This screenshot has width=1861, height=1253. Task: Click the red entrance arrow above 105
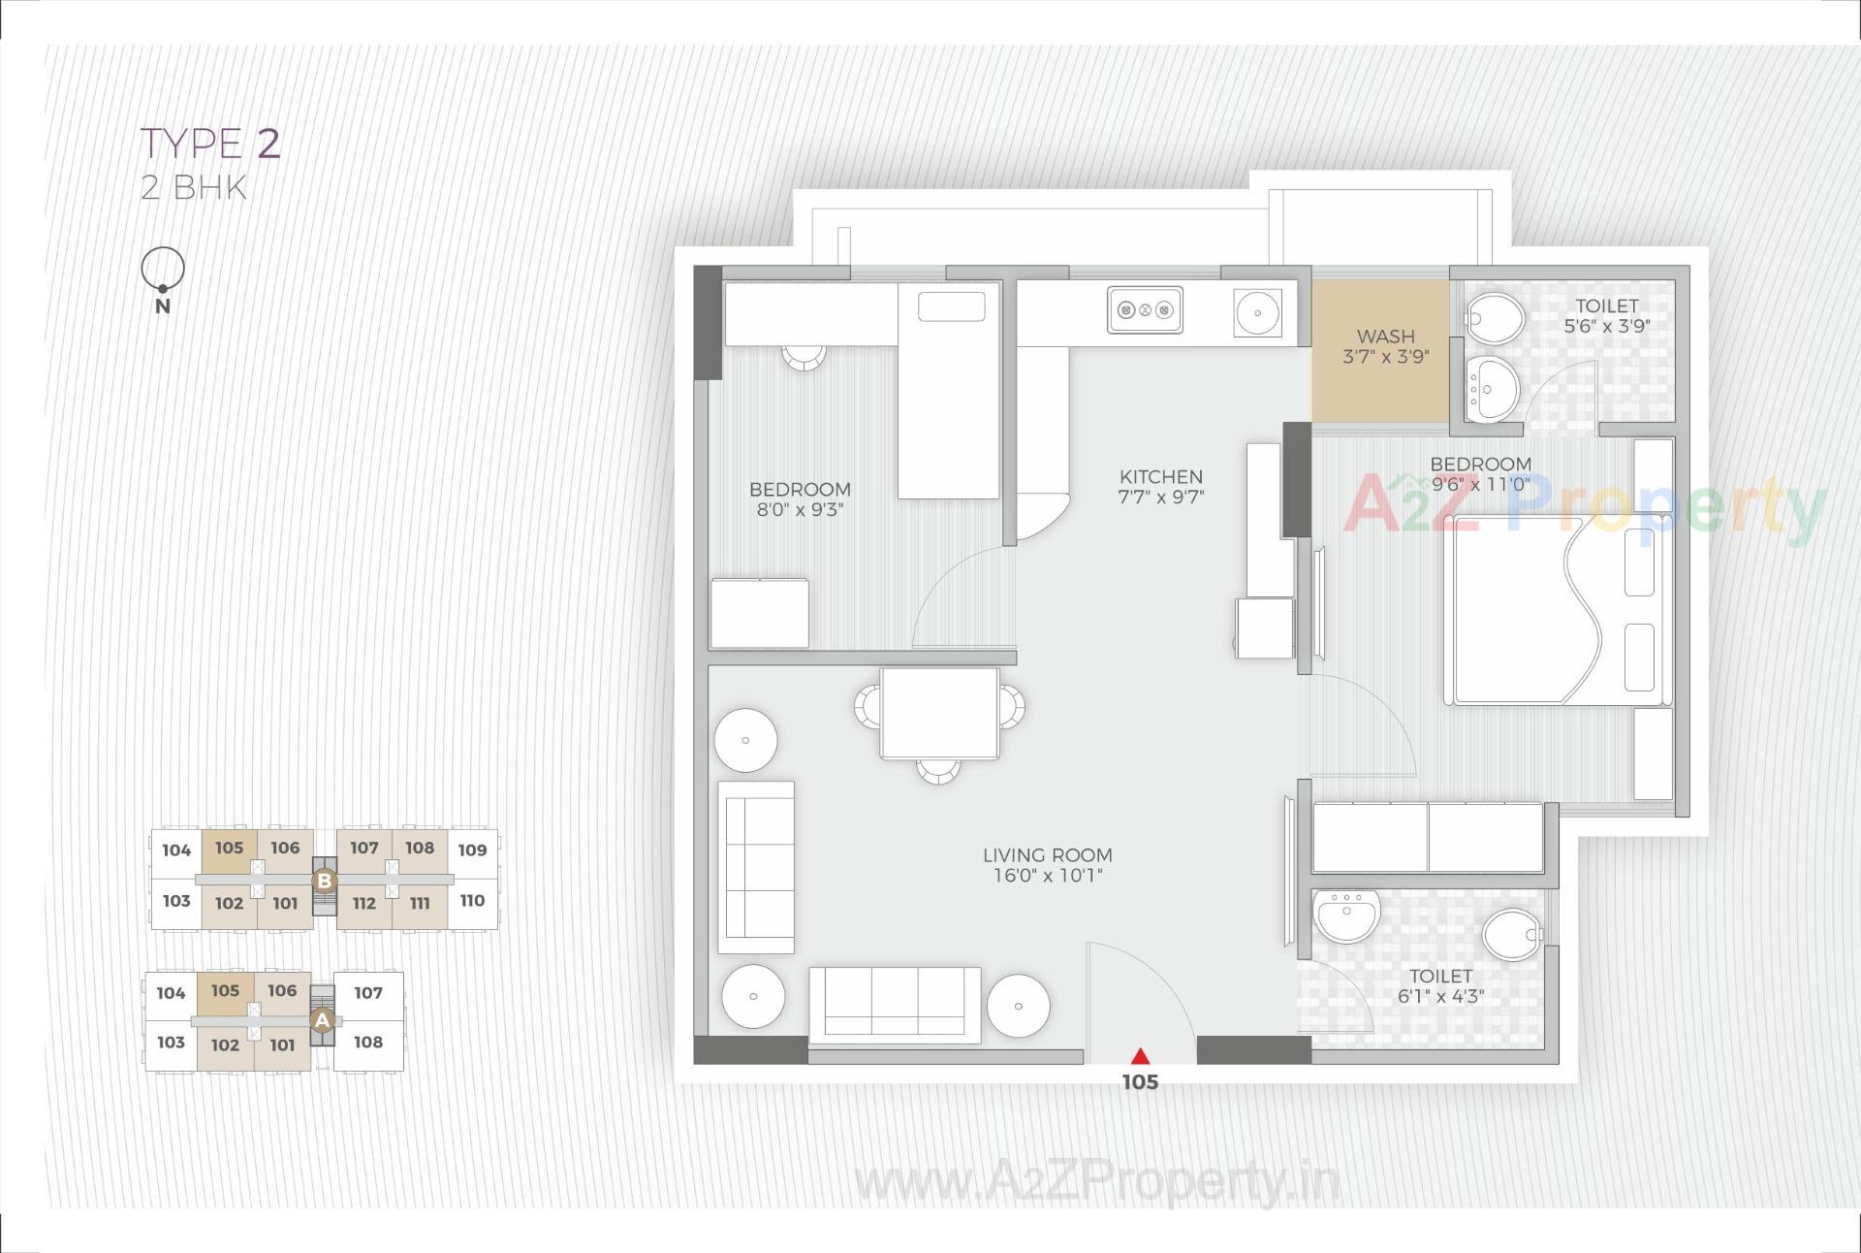click(1141, 1056)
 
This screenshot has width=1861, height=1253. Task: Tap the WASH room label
click(1385, 337)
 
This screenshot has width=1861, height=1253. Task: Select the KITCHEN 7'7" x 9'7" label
click(1160, 487)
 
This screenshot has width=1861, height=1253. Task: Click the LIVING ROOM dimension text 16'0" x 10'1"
click(1047, 876)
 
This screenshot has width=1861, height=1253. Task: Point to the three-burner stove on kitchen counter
click(1145, 310)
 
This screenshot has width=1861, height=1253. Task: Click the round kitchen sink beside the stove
click(1257, 313)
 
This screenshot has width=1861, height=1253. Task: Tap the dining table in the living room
click(939, 713)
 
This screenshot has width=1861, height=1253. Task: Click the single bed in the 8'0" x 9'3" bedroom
click(948, 391)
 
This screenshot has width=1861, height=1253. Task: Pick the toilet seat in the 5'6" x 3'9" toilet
click(1494, 317)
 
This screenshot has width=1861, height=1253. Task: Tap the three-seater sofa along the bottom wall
click(894, 1005)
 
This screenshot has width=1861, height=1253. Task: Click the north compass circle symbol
click(163, 269)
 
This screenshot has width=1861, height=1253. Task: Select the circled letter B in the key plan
click(325, 882)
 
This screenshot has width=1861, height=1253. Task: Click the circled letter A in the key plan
click(322, 1020)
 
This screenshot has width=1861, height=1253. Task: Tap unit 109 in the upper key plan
click(472, 851)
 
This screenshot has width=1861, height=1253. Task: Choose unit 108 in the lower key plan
click(368, 1043)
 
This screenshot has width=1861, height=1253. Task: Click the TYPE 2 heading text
click(211, 144)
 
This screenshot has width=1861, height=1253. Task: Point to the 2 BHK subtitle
click(194, 187)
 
